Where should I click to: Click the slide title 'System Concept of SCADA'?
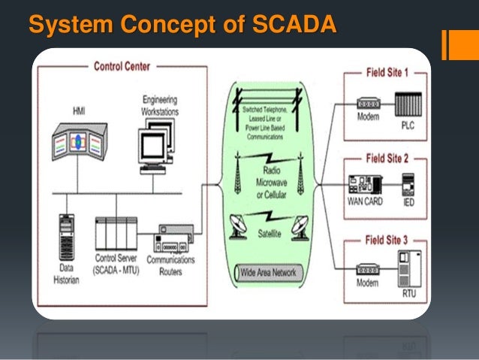pos(182,24)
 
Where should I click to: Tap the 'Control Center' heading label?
pos(122,66)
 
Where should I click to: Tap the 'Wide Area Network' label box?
pos(269,272)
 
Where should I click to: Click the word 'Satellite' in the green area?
pos(270,234)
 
